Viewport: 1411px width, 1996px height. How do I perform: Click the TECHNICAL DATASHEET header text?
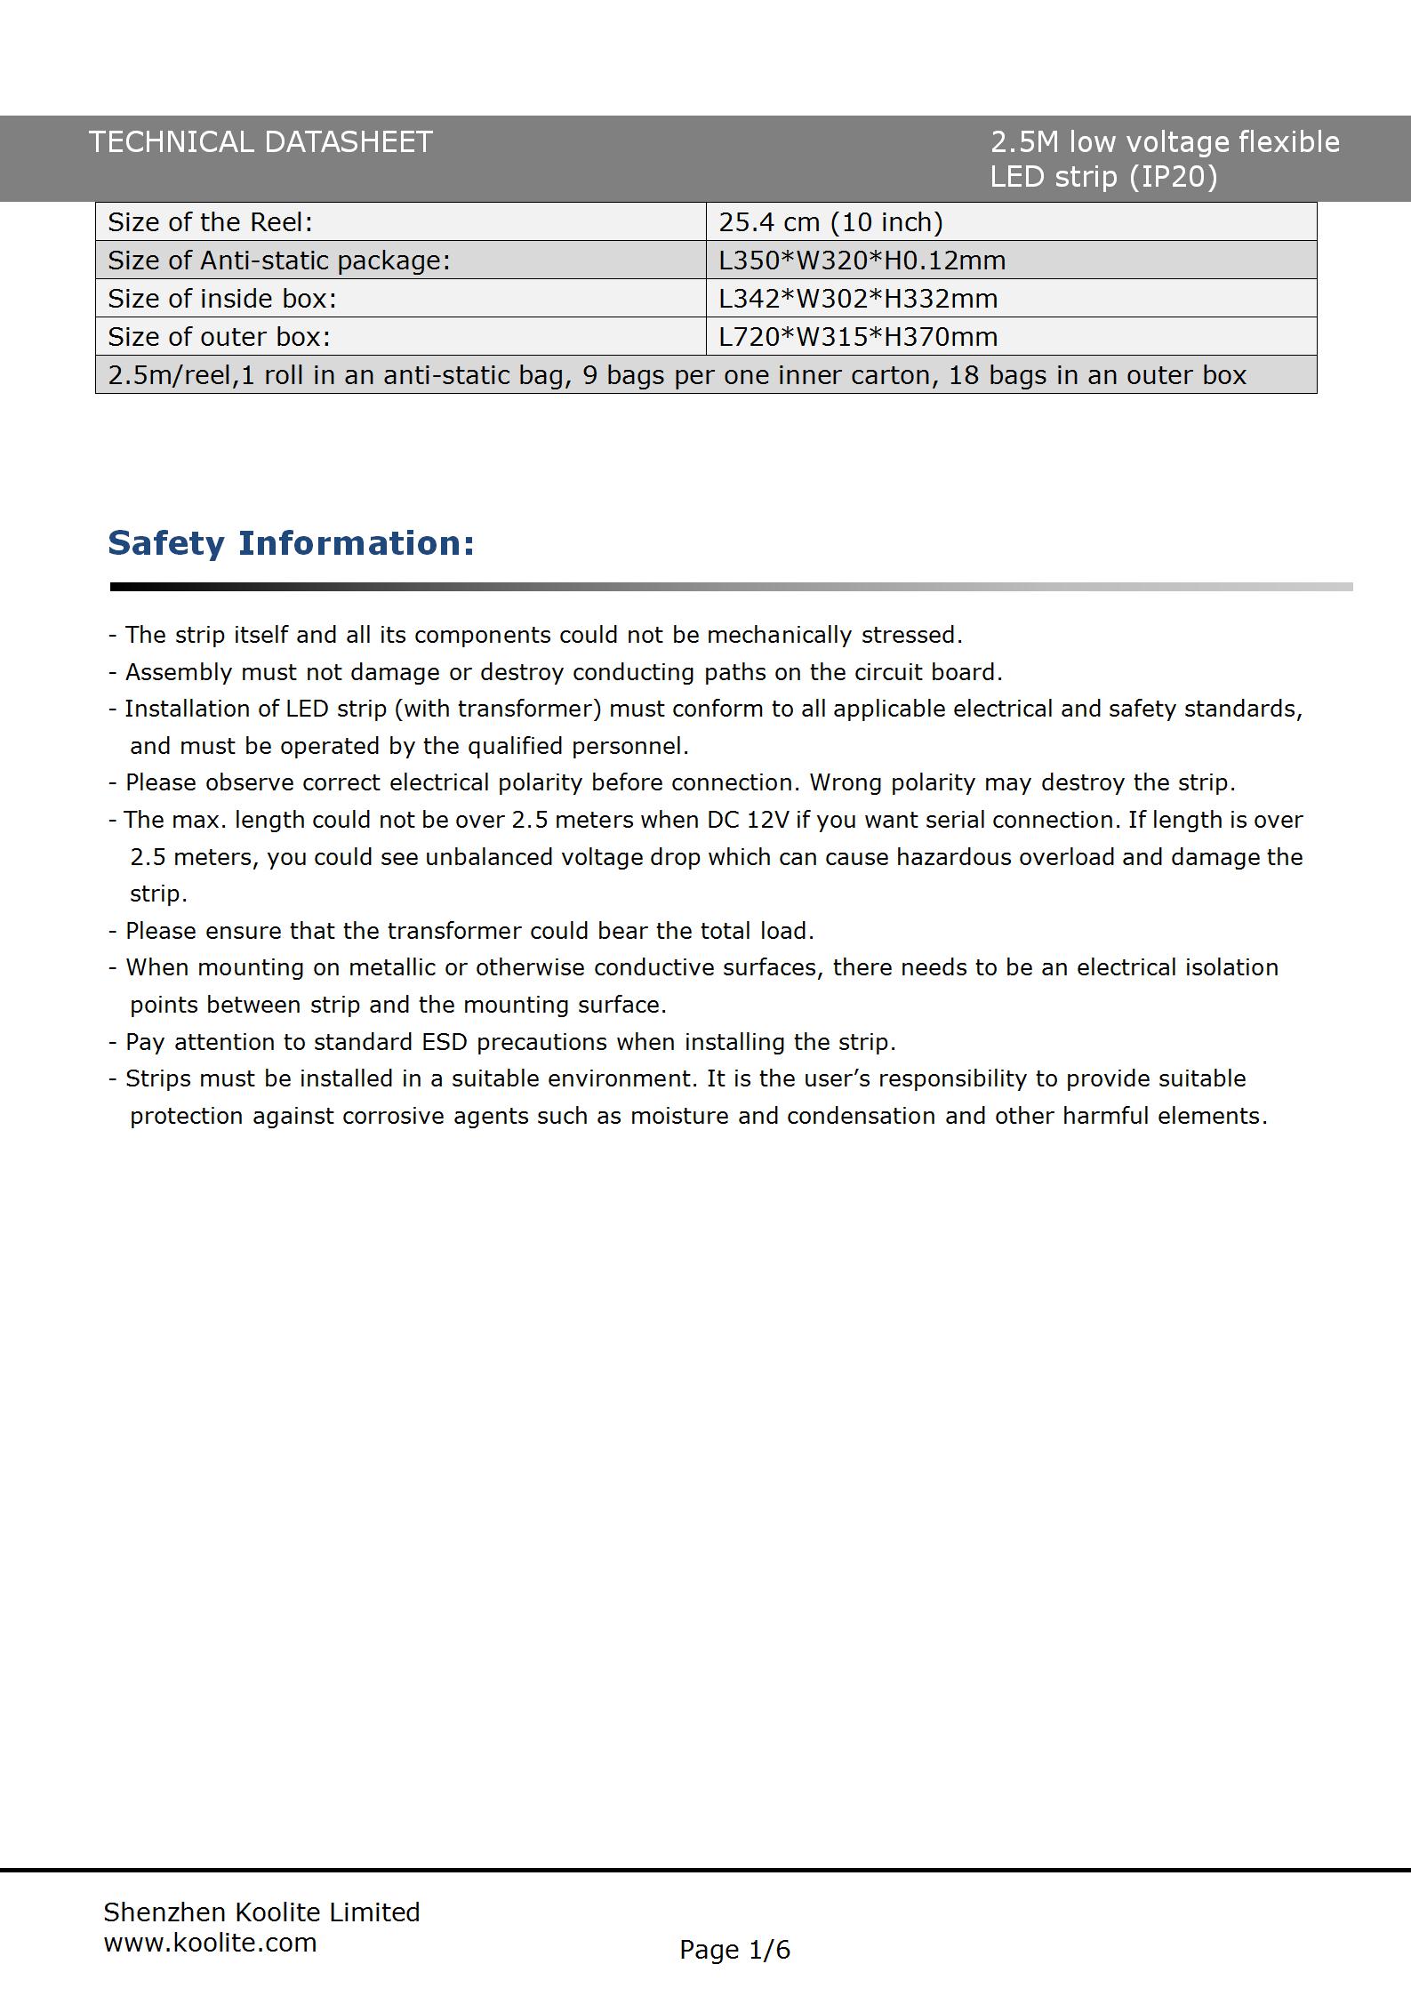[x=260, y=142]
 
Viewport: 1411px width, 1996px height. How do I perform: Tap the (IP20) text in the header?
[x=1173, y=177]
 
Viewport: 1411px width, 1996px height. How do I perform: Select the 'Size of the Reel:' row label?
[x=211, y=222]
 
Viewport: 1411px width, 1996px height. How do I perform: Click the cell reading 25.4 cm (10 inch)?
[x=830, y=222]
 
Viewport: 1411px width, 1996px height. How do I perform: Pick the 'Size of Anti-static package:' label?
[x=279, y=261]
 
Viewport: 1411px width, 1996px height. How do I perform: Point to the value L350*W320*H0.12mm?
[x=862, y=261]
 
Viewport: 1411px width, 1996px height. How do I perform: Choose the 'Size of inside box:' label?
[x=222, y=299]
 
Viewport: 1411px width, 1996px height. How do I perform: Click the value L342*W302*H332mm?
[x=858, y=299]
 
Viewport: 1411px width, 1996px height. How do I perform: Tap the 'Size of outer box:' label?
[x=219, y=337]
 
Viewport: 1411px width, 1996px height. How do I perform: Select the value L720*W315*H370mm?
[x=858, y=337]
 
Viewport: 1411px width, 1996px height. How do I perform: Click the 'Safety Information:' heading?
[x=292, y=543]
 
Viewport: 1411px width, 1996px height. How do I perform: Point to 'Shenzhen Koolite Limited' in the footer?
[x=261, y=1912]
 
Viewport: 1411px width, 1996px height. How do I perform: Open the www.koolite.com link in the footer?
[x=211, y=1942]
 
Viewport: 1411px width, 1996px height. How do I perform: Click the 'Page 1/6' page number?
[x=734, y=1949]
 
